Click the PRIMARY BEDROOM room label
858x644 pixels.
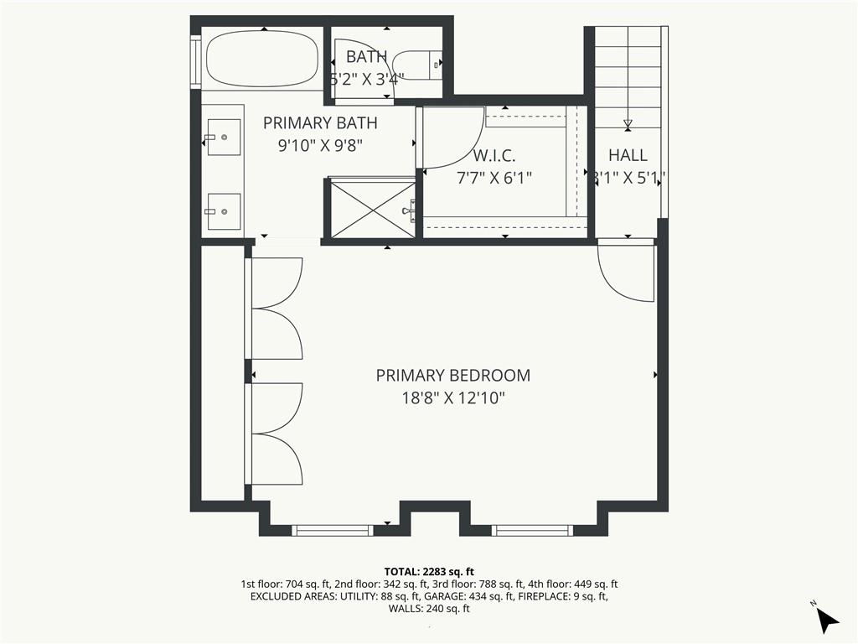452,376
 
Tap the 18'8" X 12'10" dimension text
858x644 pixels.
452,398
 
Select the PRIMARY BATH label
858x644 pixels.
320,123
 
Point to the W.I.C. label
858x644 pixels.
494,156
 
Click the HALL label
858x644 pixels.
628,155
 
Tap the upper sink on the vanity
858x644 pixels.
224,138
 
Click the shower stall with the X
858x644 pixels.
369,208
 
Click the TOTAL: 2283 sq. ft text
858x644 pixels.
429,572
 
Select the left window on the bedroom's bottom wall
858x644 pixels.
333,530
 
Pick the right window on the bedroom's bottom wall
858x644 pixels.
532,530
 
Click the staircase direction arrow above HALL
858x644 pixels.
628,124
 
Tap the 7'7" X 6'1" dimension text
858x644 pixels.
494,178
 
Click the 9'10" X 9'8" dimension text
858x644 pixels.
320,145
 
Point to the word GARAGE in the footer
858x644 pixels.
450,596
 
